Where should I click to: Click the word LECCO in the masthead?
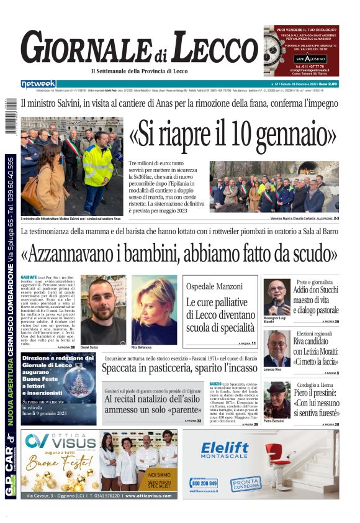coord(210,48)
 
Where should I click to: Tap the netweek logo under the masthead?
coord(38,84)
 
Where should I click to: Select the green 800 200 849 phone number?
coord(205,483)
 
